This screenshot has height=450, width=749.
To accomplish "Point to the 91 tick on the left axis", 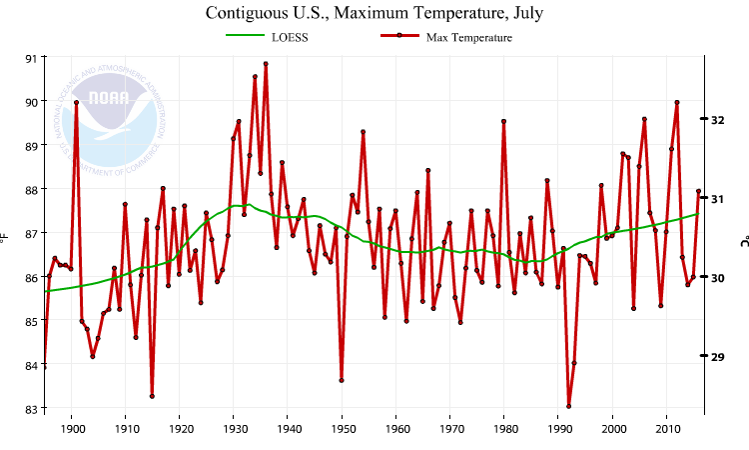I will (30, 58).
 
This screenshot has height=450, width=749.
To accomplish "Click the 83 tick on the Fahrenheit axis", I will (30, 409).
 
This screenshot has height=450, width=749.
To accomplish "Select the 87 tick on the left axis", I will (30, 233).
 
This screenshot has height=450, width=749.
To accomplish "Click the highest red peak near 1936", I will (266, 63).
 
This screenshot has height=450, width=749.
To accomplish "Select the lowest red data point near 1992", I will (569, 406).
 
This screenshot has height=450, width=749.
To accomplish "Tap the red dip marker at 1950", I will (342, 380).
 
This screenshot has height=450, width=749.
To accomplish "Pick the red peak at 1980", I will (504, 121).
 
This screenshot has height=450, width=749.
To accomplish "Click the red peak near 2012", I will (677, 102).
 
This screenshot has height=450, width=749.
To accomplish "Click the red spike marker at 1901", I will (76, 102).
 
